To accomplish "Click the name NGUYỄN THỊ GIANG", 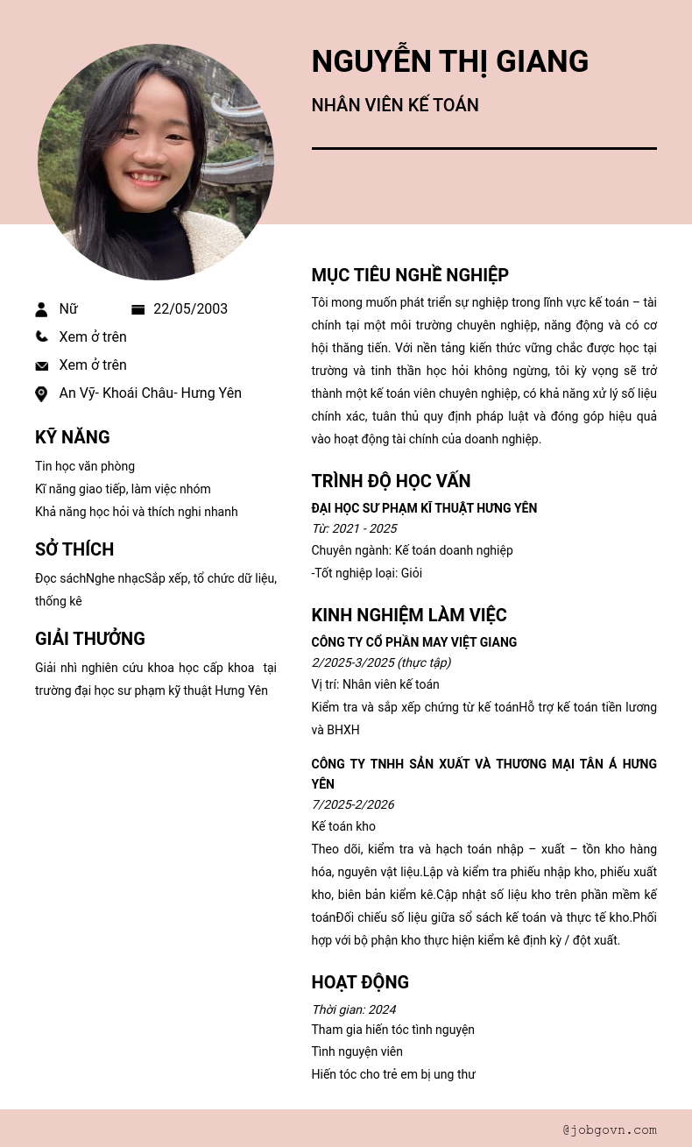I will click(x=449, y=61).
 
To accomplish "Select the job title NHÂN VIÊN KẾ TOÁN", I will click(x=395, y=105).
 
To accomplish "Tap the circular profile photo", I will click(x=156, y=162).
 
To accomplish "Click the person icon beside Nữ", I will click(x=41, y=309).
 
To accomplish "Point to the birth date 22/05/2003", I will click(x=190, y=309).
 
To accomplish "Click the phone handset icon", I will click(x=41, y=336).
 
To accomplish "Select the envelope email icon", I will click(x=41, y=365).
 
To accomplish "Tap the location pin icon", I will click(x=41, y=393).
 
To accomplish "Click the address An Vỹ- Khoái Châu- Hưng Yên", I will click(x=150, y=393).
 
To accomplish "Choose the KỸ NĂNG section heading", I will click(x=73, y=437).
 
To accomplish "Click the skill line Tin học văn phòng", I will click(x=85, y=466).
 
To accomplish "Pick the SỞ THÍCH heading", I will click(x=74, y=549).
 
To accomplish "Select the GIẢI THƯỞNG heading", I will click(x=90, y=639).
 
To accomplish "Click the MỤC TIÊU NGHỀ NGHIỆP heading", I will click(x=410, y=275).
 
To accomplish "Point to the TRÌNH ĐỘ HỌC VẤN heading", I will click(x=391, y=481).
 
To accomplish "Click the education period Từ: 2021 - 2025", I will click(x=354, y=528).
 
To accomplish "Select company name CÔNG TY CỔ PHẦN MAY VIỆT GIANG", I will click(x=413, y=642).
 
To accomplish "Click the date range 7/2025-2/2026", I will click(x=352, y=804).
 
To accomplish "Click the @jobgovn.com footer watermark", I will click(x=610, y=1129).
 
